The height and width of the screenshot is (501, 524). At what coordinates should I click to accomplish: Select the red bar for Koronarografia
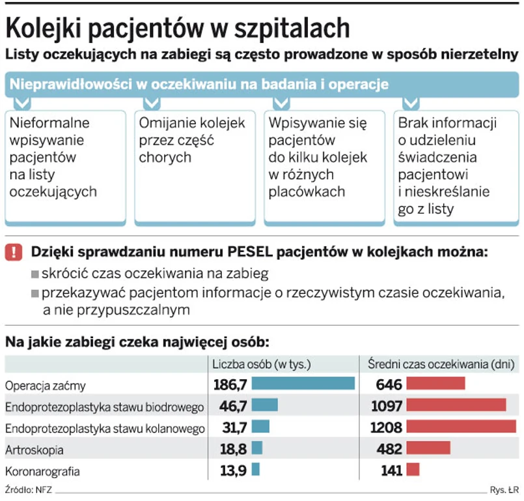point(413,470)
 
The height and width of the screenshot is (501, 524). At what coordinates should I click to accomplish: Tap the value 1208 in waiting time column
point(385,427)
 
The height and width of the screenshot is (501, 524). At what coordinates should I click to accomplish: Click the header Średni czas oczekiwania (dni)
point(441,363)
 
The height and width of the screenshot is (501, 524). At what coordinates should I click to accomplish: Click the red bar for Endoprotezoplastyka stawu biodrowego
point(456,405)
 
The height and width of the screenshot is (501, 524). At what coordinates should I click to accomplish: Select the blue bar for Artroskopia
point(256,448)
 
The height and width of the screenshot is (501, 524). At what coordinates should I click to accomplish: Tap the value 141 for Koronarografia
point(390,470)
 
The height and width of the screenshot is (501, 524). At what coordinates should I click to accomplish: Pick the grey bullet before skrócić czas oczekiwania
point(35,274)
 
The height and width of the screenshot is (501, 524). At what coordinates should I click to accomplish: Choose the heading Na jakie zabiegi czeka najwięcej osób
point(137,342)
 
